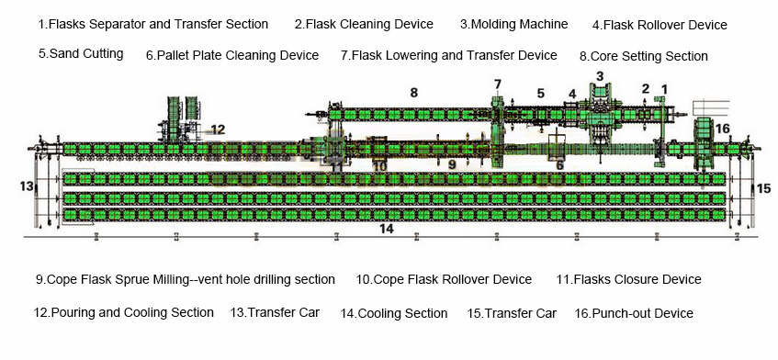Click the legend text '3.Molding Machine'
[513, 24]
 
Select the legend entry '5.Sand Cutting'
[81, 53]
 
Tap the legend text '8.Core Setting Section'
[644, 56]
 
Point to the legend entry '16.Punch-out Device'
[634, 313]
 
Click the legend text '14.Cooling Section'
[394, 313]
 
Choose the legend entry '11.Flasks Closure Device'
[628, 279]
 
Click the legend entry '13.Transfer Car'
[275, 312]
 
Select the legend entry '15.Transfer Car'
[512, 313]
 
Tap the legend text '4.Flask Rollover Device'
[660, 25]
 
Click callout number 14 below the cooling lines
[387, 228]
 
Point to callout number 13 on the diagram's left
[26, 186]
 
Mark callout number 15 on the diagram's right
[763, 188]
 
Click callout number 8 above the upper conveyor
[413, 93]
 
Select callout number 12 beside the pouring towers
[217, 129]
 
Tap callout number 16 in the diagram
[723, 129]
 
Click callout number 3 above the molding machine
[600, 76]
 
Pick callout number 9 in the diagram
[452, 164]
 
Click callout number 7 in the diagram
[498, 84]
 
